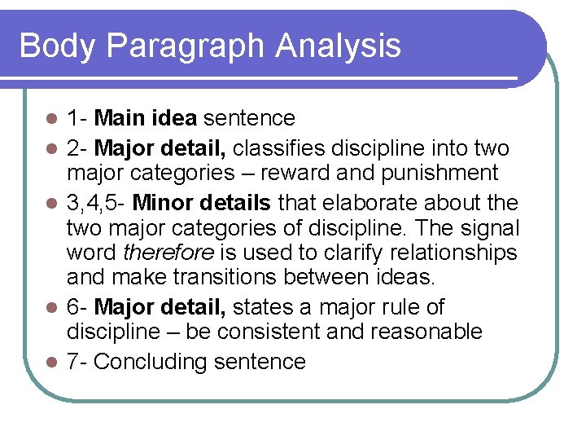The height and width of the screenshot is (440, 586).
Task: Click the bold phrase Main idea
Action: (145, 118)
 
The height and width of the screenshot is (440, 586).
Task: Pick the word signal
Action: (480, 227)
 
